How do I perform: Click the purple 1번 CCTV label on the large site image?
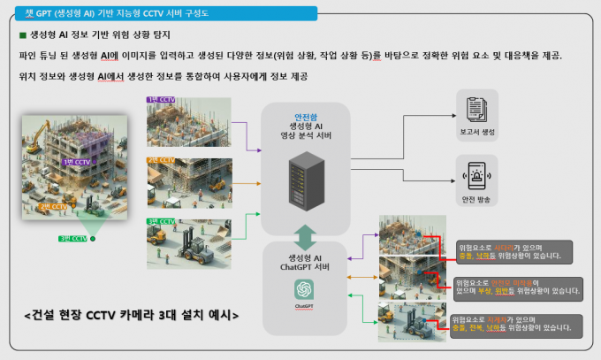pos(76,163)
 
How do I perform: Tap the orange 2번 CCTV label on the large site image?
pos(52,206)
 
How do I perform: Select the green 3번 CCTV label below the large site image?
pos(72,239)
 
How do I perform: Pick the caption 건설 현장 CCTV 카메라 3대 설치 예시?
pos(132,314)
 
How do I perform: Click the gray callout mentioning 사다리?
pos(512,251)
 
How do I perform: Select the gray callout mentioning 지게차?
pos(510,323)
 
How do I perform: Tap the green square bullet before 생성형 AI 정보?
pos(22,35)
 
